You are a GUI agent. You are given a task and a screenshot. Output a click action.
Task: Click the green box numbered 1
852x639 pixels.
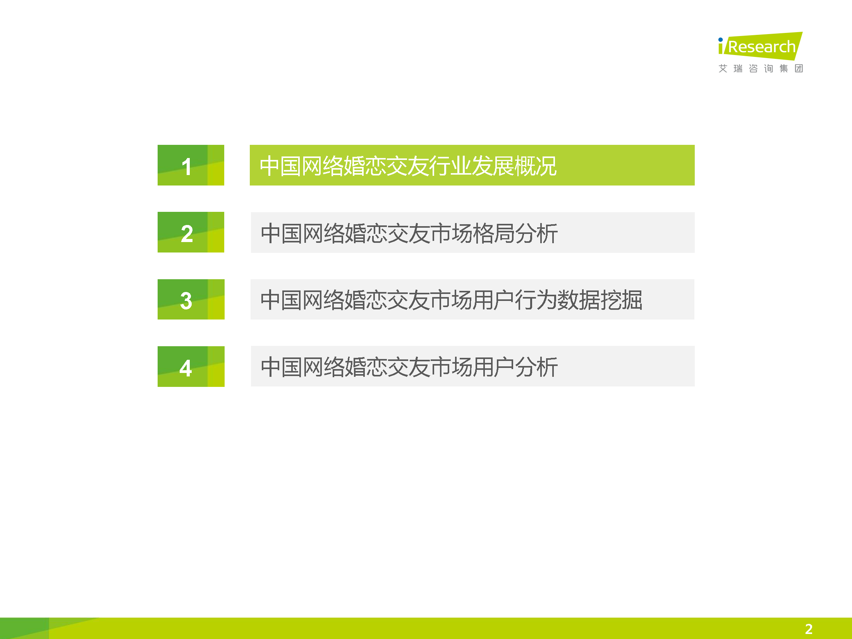pos(191,165)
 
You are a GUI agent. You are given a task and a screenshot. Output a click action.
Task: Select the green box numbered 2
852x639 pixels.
pos(191,232)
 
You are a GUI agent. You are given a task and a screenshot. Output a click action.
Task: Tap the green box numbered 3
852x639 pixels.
pos(191,299)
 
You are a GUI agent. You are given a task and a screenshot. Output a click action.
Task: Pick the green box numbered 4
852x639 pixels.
pos(191,366)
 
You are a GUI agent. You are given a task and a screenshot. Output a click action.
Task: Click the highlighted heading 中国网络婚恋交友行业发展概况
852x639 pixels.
pos(408,166)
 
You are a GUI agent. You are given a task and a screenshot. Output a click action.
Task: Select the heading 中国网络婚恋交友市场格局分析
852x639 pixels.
pos(409,234)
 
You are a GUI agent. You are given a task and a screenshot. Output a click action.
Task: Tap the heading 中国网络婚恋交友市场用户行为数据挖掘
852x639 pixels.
pos(451,300)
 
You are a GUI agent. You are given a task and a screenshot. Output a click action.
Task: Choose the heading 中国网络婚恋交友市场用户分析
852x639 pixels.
pos(409,367)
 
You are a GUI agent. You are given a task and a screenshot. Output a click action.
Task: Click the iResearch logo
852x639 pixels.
pos(760,46)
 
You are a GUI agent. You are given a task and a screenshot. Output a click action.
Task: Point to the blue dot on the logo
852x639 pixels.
pos(720,40)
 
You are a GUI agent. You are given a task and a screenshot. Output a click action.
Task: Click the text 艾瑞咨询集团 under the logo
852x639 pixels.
pos(761,69)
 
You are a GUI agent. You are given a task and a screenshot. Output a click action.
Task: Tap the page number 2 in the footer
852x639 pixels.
pos(809,629)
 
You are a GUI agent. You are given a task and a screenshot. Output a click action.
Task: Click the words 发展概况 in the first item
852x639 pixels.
pos(514,166)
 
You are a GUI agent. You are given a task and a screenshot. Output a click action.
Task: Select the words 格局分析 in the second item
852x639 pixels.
pos(515,234)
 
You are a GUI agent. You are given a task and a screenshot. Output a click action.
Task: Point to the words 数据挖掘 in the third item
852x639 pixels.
pos(599,300)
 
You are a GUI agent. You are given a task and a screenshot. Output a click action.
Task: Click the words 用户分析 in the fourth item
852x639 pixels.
pos(515,367)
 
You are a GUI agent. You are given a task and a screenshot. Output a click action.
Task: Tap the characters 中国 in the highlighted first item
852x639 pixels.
pos(281,166)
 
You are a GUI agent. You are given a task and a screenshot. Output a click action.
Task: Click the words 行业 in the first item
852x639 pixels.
pos(450,166)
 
